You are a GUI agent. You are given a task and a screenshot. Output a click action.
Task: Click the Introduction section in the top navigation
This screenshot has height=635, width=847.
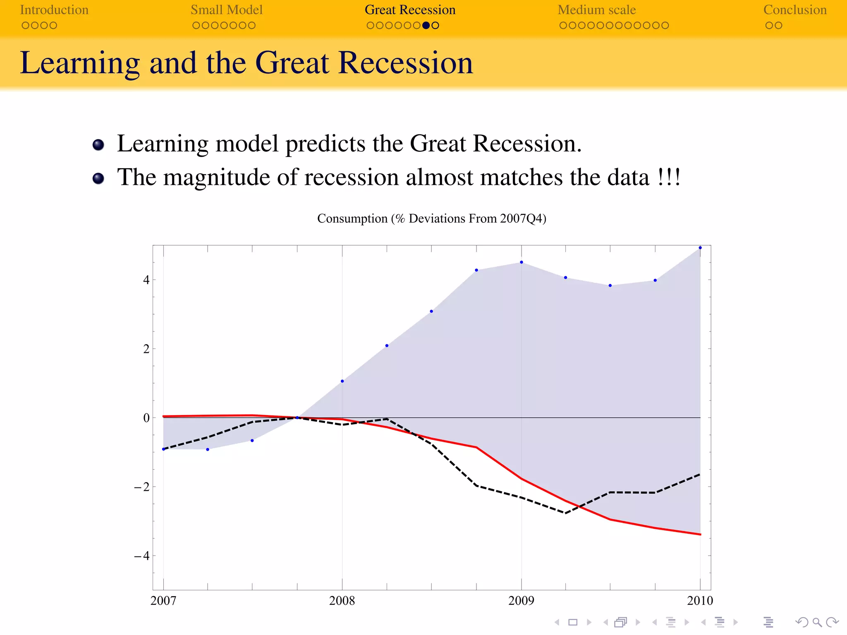click(54, 10)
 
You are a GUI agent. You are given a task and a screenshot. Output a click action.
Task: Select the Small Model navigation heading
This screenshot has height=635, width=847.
click(226, 10)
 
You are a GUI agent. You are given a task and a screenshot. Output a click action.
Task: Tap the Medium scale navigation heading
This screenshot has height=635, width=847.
click(596, 10)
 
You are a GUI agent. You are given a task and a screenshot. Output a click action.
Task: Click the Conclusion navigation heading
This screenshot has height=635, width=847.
click(794, 10)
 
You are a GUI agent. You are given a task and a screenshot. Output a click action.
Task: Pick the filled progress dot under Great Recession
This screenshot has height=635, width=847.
click(426, 26)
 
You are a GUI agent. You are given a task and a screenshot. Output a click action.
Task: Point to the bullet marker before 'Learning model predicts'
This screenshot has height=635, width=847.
click(98, 145)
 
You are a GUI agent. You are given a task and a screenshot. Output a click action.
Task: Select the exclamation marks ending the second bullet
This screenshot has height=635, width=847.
click(669, 177)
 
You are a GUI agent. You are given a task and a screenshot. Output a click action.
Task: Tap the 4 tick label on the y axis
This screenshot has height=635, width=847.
click(146, 280)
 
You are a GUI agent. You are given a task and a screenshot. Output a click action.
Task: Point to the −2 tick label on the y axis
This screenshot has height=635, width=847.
click(141, 487)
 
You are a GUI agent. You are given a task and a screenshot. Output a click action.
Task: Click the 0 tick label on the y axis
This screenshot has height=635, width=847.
click(146, 418)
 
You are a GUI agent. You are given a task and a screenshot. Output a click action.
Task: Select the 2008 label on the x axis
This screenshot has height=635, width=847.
click(342, 601)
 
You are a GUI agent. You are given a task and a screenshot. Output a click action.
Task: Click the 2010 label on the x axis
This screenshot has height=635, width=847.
click(700, 601)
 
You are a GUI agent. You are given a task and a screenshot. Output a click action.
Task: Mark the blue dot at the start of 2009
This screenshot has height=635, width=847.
click(522, 262)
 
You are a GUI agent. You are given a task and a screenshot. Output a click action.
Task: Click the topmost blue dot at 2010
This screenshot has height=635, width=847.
click(700, 248)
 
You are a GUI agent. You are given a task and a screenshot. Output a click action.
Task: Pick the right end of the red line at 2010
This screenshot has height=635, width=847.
click(700, 534)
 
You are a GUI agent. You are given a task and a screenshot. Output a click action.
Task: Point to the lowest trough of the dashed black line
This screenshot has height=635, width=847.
click(565, 513)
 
